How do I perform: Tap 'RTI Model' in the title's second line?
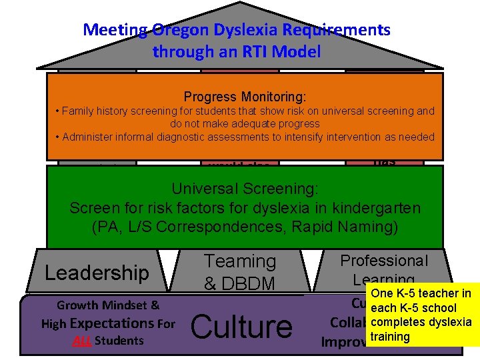(286, 51)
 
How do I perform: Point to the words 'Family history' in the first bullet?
(93, 111)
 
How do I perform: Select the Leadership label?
(97, 273)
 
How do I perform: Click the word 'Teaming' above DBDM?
(239, 261)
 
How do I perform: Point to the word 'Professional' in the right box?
(384, 261)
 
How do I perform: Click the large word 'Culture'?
(241, 327)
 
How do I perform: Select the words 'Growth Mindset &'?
(108, 306)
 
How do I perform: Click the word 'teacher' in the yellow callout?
(439, 293)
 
